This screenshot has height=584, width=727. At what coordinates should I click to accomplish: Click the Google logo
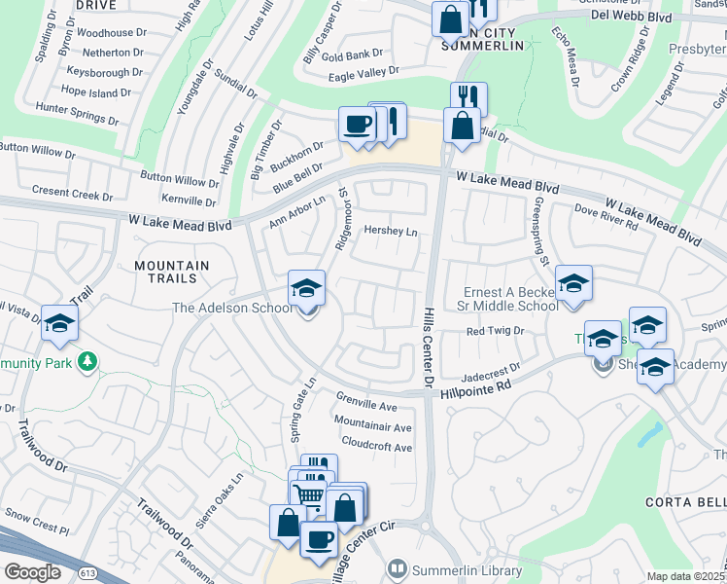click(32, 572)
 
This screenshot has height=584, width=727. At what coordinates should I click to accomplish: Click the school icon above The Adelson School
click(306, 288)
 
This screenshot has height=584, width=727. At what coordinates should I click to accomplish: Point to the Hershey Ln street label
click(390, 232)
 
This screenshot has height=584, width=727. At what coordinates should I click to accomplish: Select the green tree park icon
click(88, 362)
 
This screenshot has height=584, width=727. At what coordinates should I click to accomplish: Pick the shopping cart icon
click(309, 494)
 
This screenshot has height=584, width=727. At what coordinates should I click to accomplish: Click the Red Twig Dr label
click(495, 332)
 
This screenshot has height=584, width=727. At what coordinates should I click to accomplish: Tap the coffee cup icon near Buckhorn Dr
click(357, 125)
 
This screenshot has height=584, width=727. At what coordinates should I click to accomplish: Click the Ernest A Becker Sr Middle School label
click(509, 299)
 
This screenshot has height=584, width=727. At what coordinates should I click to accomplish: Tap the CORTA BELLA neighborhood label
click(685, 502)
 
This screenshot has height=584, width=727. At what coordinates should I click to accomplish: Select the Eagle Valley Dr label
click(364, 71)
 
